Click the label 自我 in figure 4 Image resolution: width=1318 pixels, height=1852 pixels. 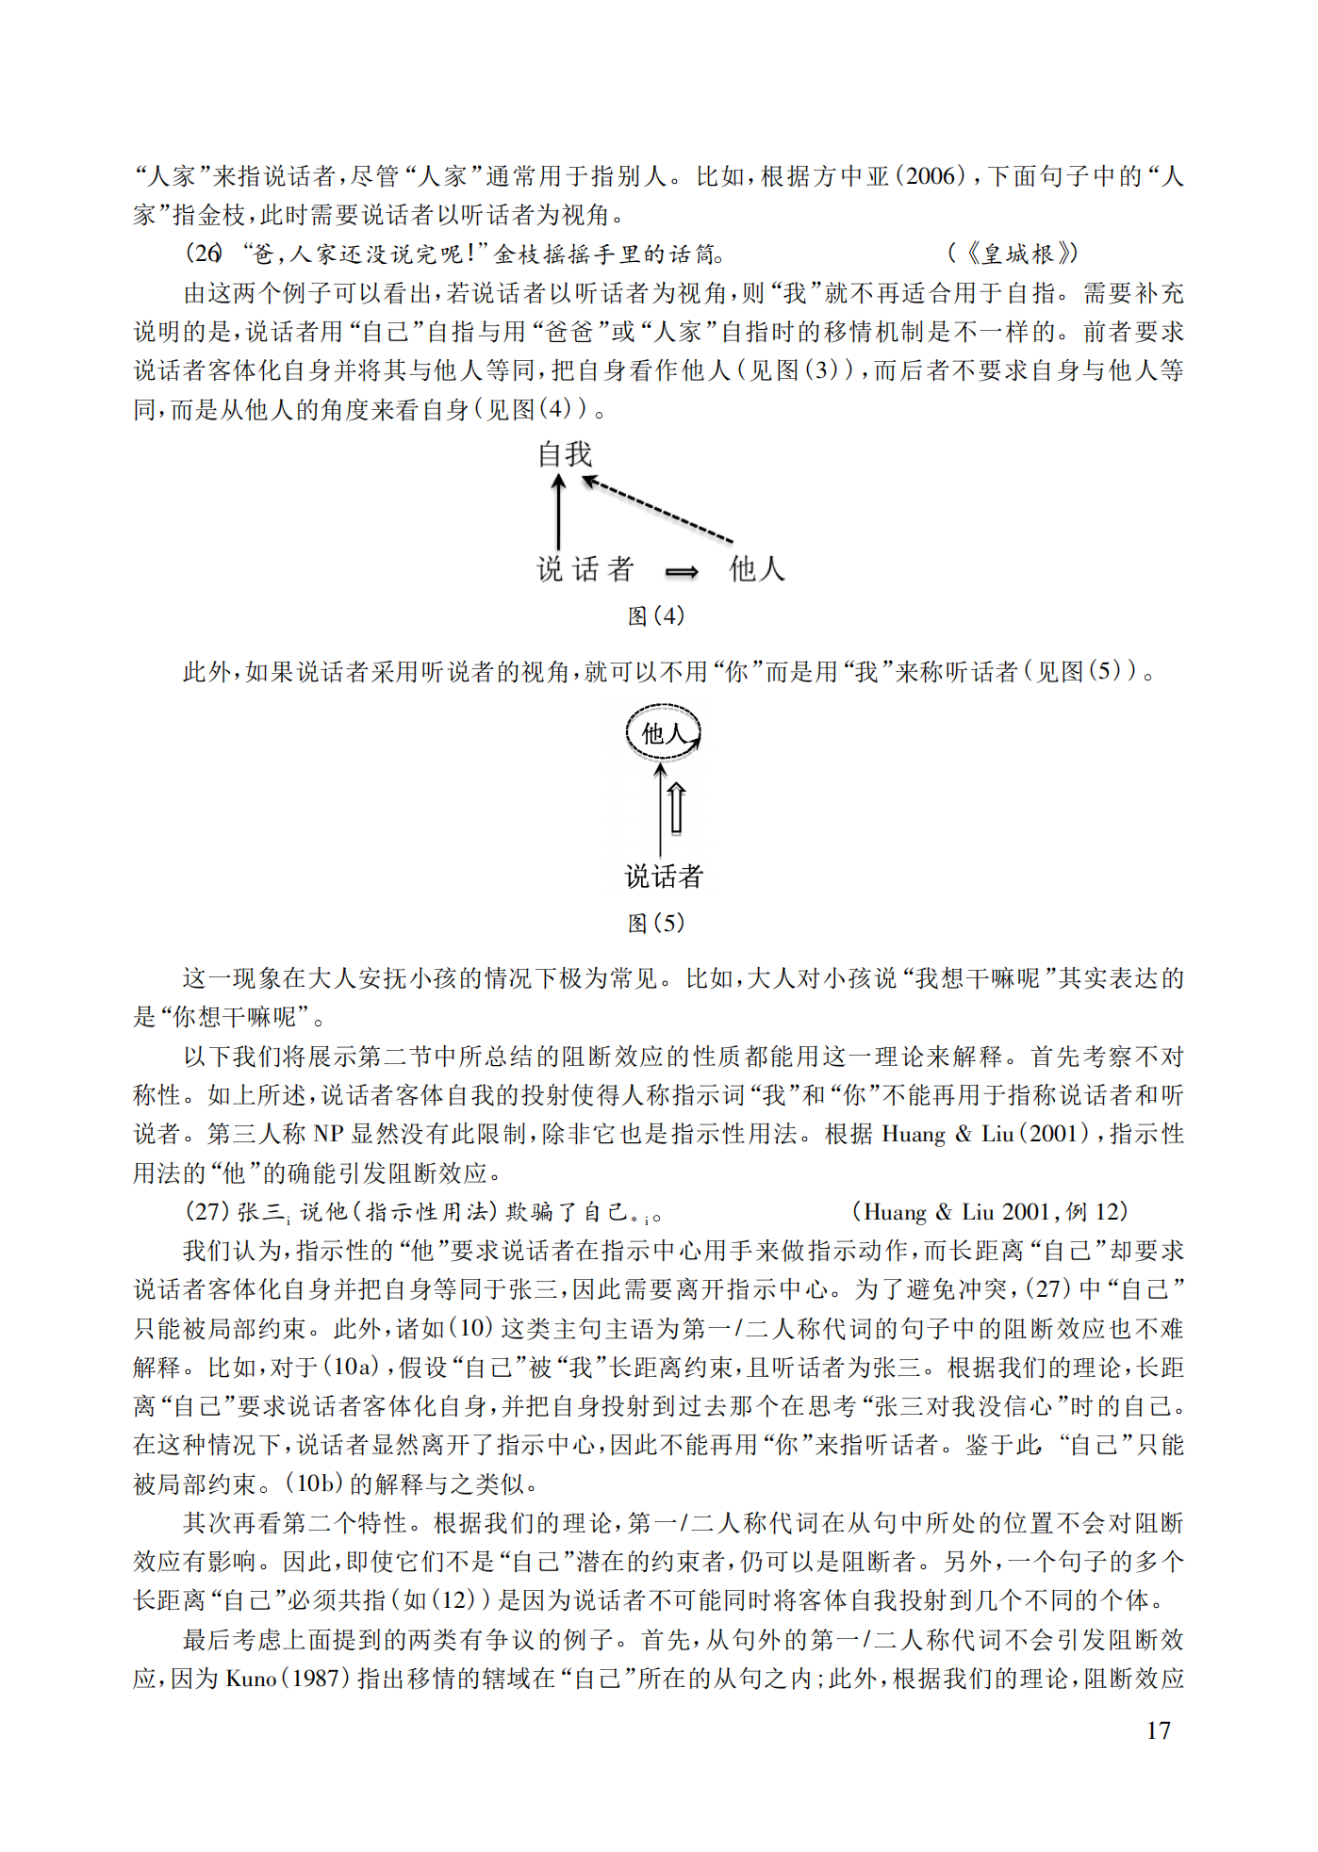pos(565,454)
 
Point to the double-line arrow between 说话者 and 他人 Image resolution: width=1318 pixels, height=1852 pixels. pos(682,571)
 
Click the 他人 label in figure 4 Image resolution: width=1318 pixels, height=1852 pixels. pos(756,568)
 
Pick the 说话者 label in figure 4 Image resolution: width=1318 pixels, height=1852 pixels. pos(585,568)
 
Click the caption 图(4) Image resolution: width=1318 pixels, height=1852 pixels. pos(656,615)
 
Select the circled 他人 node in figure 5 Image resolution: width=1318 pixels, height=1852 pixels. pos(664,732)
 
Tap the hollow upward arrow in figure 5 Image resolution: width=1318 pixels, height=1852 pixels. pos(676,809)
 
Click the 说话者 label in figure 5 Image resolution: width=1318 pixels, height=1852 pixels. pos(664,877)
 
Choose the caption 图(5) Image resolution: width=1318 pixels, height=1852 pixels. pos(656,923)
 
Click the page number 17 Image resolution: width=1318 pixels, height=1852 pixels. pos(1159,1730)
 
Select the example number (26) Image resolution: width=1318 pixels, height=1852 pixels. pos(204,254)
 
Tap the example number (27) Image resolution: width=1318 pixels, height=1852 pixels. pos(206,1212)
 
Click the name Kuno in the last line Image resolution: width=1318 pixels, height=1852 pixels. pos(251,1679)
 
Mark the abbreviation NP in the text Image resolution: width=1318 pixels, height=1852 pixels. pos(329,1134)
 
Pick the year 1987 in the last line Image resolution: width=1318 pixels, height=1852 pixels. pos(316,1679)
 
